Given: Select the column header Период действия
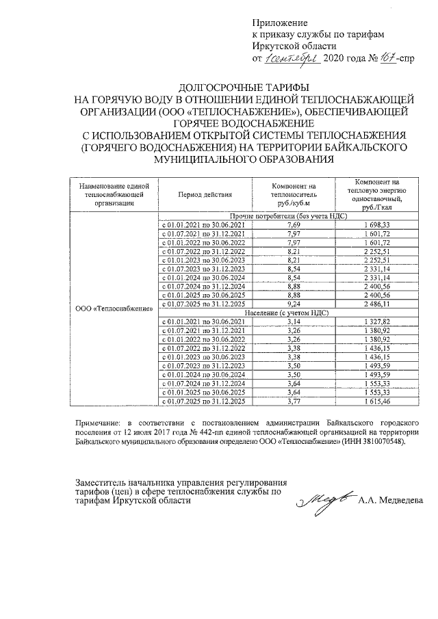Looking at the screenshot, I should (205, 194).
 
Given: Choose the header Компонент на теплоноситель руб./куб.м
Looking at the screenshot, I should (294, 194).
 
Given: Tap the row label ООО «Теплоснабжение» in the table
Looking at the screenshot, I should (114, 308).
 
